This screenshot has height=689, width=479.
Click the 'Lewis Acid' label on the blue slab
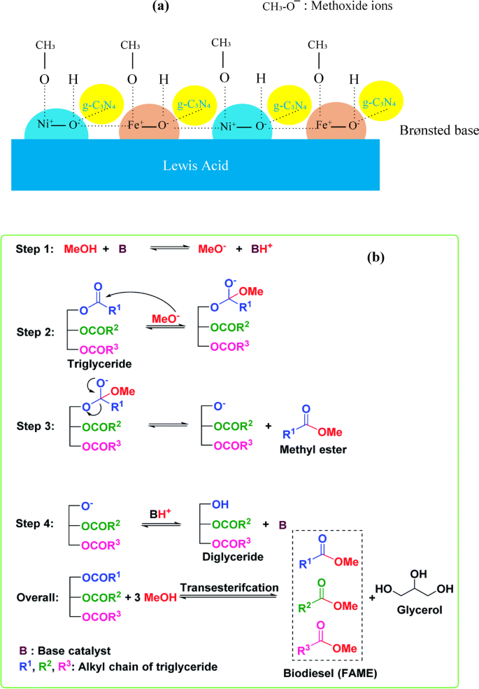(x=196, y=165)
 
